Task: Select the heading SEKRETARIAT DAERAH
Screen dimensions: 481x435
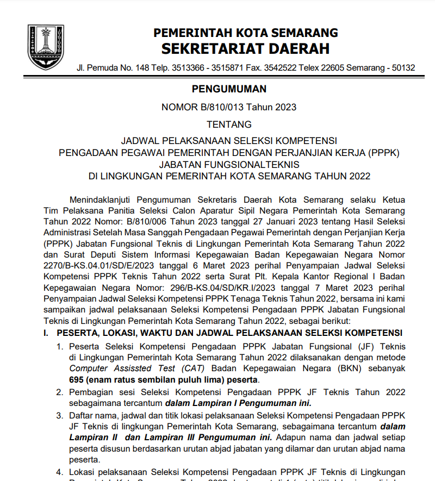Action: coord(246,49)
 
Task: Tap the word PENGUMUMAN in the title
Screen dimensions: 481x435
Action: coord(229,89)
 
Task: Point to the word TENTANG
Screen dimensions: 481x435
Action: coord(229,124)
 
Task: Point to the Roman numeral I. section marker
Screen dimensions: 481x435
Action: coord(47,333)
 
